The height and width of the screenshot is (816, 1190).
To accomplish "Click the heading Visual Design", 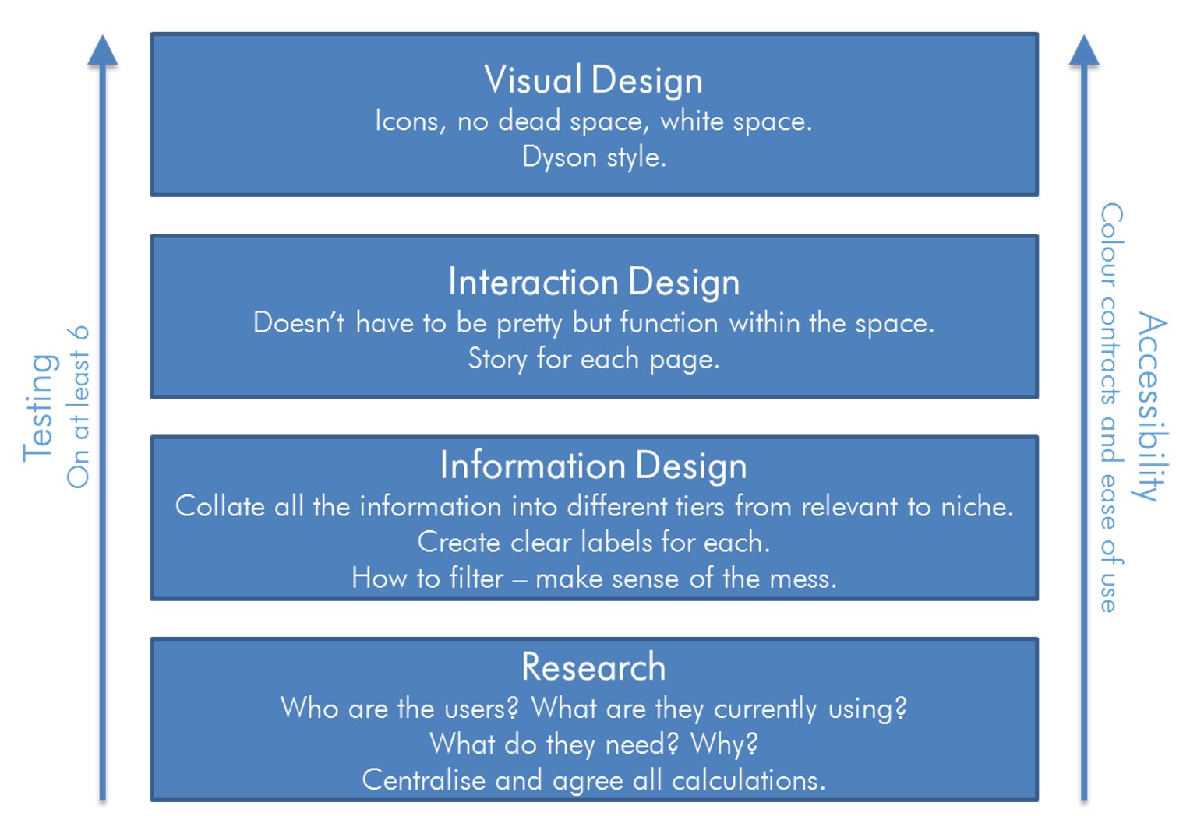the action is pyautogui.click(x=593, y=79).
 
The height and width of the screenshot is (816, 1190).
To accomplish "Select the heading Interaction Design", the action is pyautogui.click(x=593, y=281).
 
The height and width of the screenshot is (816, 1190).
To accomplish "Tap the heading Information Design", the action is pyautogui.click(x=593, y=466).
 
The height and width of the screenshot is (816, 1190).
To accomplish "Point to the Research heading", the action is pyautogui.click(x=593, y=667).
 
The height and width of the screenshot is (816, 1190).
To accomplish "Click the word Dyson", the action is pyautogui.click(x=560, y=158).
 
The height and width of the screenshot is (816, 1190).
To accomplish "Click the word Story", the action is pyautogui.click(x=497, y=360).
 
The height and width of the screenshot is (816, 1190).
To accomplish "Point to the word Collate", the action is pyautogui.click(x=220, y=506).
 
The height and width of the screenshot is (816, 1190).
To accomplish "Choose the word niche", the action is pyautogui.click(x=977, y=507).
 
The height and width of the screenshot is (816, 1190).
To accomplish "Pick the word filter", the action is pyautogui.click(x=476, y=578).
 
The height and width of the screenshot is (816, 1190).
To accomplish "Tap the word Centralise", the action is pyautogui.click(x=424, y=780).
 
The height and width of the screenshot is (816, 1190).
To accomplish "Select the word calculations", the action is pyautogui.click(x=749, y=780).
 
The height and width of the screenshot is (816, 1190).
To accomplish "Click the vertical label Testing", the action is pyautogui.click(x=39, y=408).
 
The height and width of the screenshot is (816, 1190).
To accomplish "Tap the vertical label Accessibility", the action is pyautogui.click(x=1152, y=406).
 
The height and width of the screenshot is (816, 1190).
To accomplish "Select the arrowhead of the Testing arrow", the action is pyautogui.click(x=103, y=50).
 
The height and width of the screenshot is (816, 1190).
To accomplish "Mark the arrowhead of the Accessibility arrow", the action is pyautogui.click(x=1084, y=50).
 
